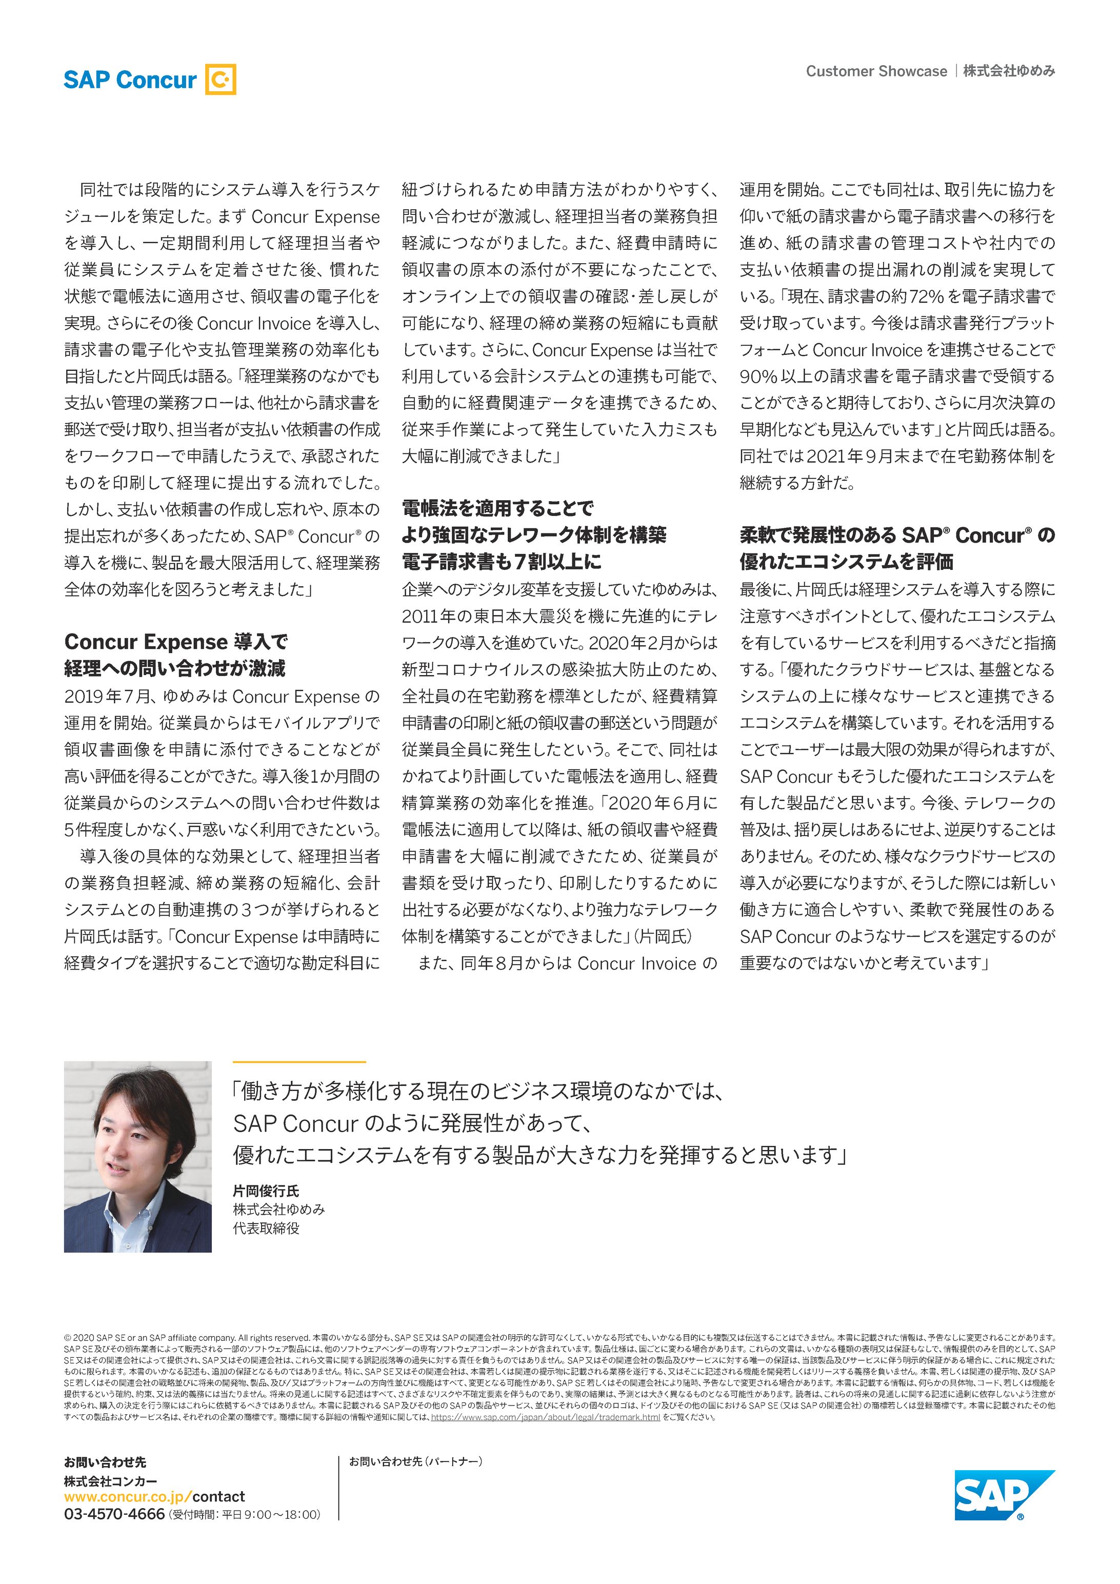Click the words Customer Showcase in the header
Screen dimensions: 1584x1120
pos(876,72)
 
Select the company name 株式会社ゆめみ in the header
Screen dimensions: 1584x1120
pos(1008,72)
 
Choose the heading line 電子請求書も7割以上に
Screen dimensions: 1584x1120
pos(502,562)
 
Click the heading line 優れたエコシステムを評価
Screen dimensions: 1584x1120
pos(846,562)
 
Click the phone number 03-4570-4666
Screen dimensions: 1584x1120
pos(114,1515)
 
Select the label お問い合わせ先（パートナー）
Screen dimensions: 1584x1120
pos(415,1461)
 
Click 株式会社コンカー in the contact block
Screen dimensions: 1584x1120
pos(110,1480)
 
